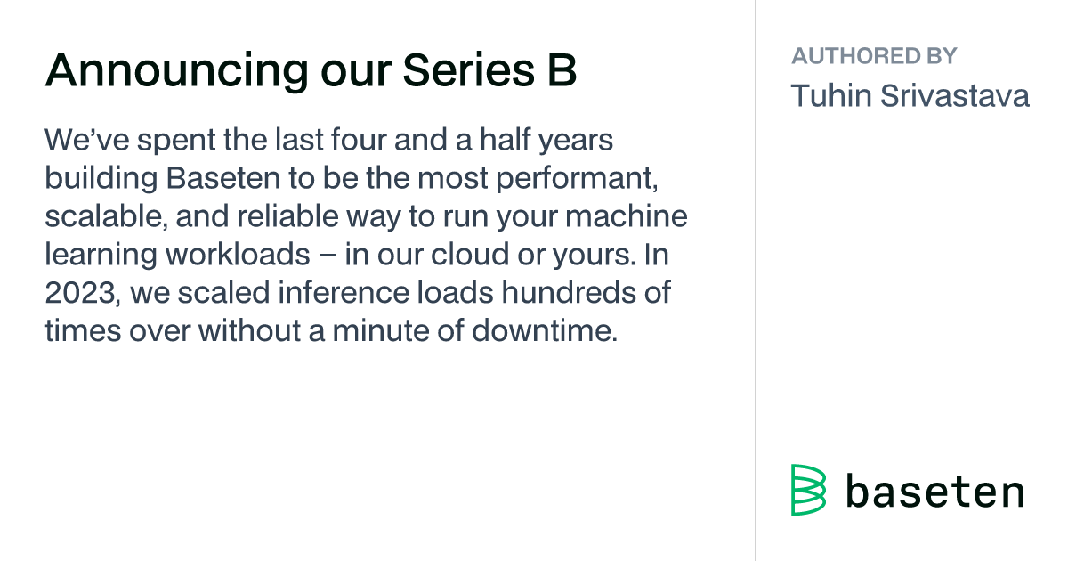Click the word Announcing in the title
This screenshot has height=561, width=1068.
coord(177,71)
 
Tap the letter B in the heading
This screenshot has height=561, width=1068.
coord(562,70)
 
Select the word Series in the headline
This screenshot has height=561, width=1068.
coord(469,70)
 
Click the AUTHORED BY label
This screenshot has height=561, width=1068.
coord(874,56)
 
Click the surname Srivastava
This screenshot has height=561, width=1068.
coord(954,95)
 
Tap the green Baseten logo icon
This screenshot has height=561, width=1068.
coord(808,490)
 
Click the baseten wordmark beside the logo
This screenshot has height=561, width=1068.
coord(935,492)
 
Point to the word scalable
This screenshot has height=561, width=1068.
coord(106,216)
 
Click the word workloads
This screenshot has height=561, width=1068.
coord(238,255)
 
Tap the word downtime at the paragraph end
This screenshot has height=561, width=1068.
coord(545,330)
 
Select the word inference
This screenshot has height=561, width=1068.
coord(344,292)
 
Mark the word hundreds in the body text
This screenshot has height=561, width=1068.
coord(569,292)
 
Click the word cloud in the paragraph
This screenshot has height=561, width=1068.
coord(470,255)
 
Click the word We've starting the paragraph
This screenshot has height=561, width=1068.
coord(87,140)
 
